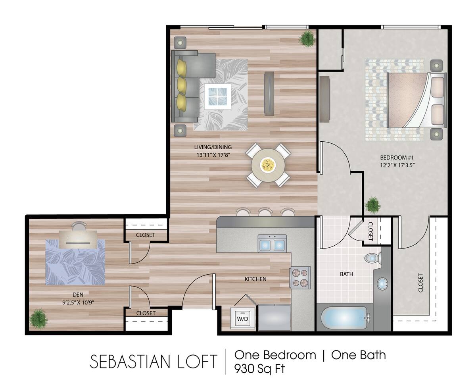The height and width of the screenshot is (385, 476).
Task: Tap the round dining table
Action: [x=268, y=165]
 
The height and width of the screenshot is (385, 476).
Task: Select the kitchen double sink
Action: [x=272, y=244]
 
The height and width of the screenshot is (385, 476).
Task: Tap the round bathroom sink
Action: [x=382, y=284]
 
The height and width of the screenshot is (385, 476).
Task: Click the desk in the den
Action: [x=78, y=239]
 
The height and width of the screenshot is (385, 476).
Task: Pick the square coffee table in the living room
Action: [x=217, y=96]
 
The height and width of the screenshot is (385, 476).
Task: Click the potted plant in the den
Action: [x=38, y=318]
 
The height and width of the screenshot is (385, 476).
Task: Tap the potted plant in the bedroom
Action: [x=372, y=205]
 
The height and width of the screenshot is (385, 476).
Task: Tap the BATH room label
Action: [x=346, y=274]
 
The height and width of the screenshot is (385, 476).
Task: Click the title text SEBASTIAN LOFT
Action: [x=154, y=362]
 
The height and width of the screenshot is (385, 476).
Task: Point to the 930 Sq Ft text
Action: [x=260, y=368]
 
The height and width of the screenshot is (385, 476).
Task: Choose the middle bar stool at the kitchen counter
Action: [x=265, y=212]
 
